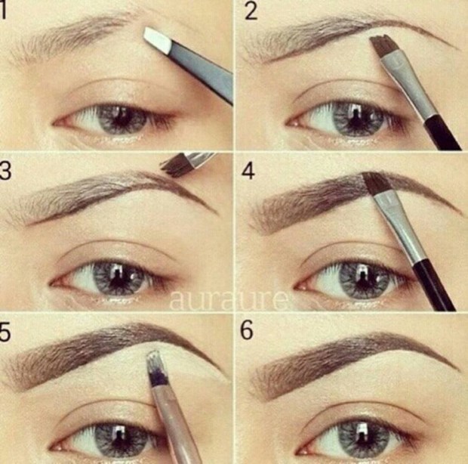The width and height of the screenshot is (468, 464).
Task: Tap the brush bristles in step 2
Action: tap(385, 48)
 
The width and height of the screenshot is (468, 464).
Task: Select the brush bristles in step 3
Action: tap(174, 166)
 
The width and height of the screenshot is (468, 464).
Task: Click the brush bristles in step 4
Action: tap(374, 184)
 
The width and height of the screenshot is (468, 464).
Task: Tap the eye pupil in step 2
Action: tap(353, 117)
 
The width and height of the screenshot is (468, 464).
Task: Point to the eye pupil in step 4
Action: tap(353, 277)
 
